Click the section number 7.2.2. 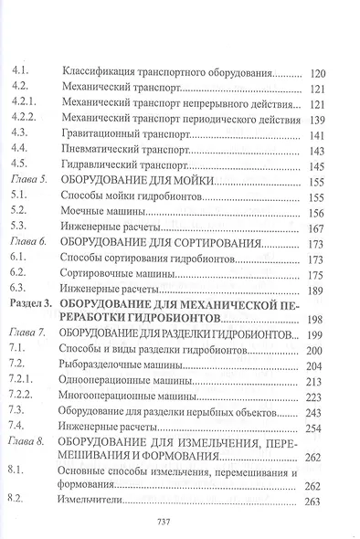(x=23, y=403)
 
